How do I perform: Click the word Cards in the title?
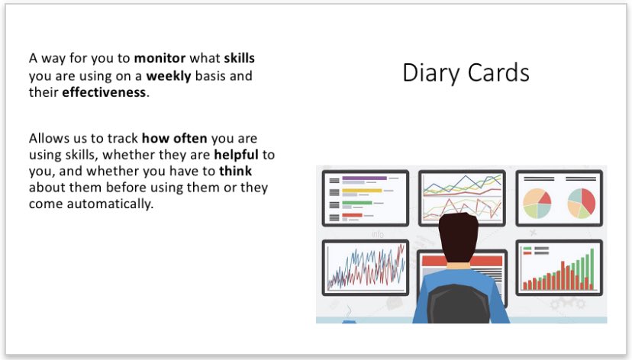[x=498, y=72]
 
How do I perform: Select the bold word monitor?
[x=160, y=58]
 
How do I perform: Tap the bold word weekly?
[x=169, y=76]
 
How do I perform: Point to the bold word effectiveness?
[x=104, y=92]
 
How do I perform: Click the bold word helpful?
[x=236, y=155]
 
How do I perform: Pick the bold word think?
[x=235, y=171]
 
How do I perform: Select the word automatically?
[x=110, y=204]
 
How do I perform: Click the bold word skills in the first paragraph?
[x=240, y=58]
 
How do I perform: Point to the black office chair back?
[x=458, y=304]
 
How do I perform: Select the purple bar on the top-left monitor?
[x=364, y=178]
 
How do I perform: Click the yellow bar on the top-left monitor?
[x=362, y=191]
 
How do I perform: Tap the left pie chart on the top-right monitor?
[x=537, y=204]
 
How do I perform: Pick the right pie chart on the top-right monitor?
[x=582, y=204]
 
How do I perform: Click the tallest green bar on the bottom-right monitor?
[x=592, y=269]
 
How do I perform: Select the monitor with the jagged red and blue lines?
[x=366, y=268]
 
